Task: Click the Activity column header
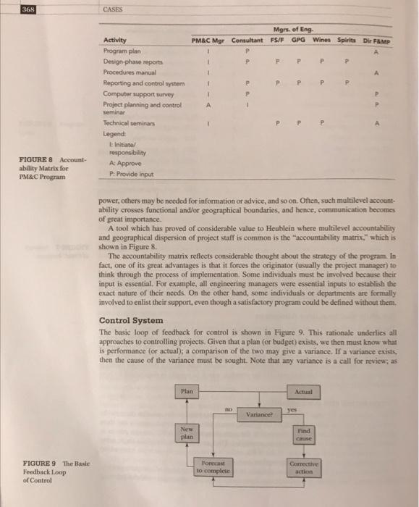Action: pyautogui.click(x=116, y=39)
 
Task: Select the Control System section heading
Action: pyautogui.click(x=130, y=320)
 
